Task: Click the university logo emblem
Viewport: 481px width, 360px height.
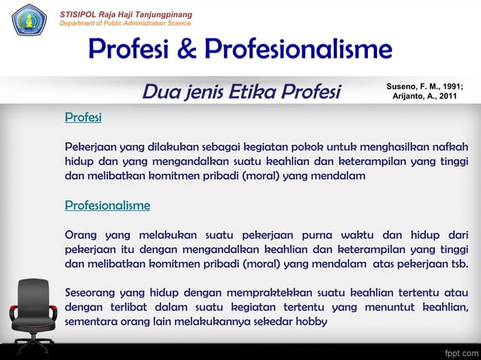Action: coord(29,20)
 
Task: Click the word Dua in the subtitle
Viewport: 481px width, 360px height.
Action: coord(160,93)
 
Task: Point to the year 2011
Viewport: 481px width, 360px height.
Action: coord(449,97)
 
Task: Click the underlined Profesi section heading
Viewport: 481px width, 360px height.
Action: coord(83,117)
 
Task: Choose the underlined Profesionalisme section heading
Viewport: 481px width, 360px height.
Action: coord(107,205)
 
